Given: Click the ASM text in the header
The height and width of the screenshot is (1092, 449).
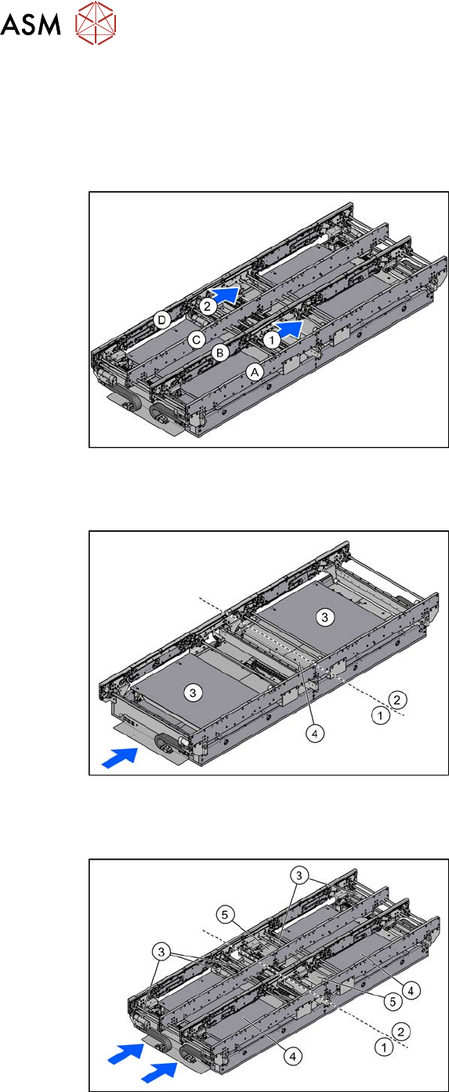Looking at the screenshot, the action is (31, 25).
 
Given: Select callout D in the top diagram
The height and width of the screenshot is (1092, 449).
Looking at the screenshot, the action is (162, 320).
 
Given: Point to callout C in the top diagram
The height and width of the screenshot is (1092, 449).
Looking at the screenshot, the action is (197, 339).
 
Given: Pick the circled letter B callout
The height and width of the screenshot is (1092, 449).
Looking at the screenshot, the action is (220, 353).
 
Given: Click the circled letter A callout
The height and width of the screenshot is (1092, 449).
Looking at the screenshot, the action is (254, 372).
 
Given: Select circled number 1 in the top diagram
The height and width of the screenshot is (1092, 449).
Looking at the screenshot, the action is (272, 339).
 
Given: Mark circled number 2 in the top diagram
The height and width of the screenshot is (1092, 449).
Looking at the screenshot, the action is (207, 306).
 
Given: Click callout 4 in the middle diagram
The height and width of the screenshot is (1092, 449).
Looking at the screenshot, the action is (316, 734).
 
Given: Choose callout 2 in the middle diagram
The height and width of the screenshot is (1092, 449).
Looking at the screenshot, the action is (397, 700).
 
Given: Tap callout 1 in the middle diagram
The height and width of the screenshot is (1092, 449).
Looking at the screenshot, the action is (380, 716).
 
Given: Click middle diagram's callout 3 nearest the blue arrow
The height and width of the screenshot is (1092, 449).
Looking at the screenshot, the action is (194, 692).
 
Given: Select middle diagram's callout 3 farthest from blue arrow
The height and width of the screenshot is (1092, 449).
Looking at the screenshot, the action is (325, 617).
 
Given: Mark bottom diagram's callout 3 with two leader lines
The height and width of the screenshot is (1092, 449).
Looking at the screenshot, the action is (299, 876).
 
